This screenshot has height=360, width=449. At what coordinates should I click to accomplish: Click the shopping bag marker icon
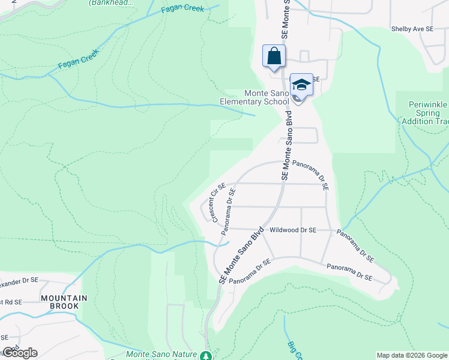pyautogui.click(x=274, y=56)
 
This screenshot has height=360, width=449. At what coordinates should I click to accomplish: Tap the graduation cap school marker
pyautogui.click(x=301, y=85)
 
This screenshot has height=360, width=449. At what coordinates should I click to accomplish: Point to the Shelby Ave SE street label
pyautogui.click(x=412, y=28)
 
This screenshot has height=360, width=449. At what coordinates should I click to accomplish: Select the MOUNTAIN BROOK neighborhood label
pyautogui.click(x=64, y=302)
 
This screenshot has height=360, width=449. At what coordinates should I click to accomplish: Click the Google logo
pyautogui.click(x=20, y=353)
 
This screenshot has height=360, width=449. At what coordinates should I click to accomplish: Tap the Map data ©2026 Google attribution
pyautogui.click(x=412, y=355)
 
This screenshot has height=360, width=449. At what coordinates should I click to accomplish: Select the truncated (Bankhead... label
pyautogui.click(x=111, y=3)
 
